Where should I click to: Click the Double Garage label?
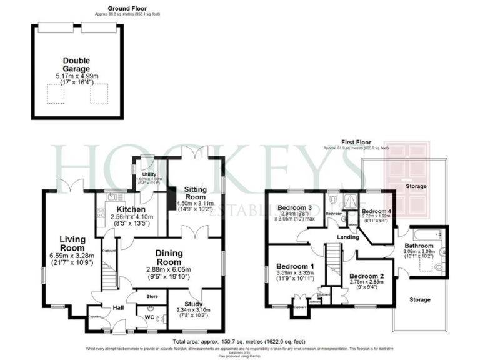point(76,65)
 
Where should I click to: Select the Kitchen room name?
point(130,209)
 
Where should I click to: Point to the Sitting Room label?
point(199,192)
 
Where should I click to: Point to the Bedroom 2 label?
point(366,276)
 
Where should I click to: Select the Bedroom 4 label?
point(376,212)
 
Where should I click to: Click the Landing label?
point(348,237)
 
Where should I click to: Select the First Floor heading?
point(356,142)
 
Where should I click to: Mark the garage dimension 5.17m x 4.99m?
point(76,76)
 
